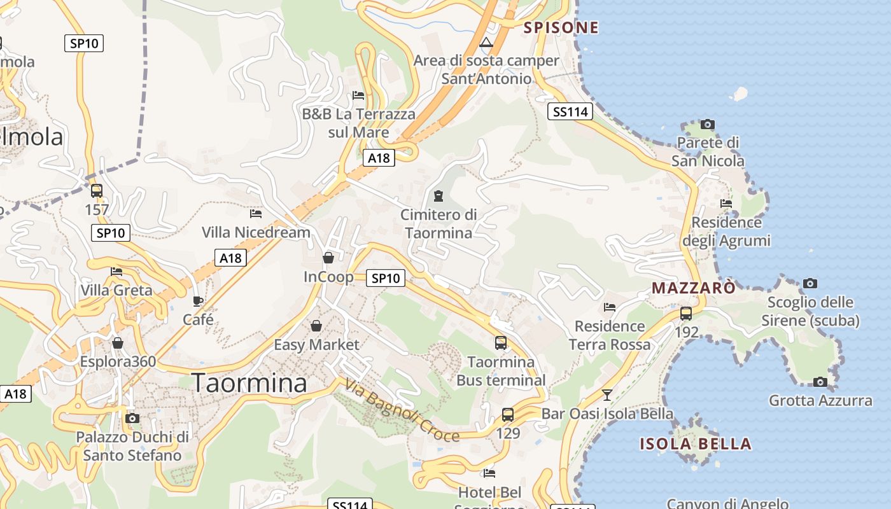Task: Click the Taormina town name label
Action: click(x=249, y=382)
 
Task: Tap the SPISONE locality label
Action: click(x=561, y=27)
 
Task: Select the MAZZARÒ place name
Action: click(x=693, y=288)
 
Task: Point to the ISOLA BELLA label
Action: click(x=696, y=443)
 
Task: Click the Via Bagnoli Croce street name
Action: click(x=402, y=410)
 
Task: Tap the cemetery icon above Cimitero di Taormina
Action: click(x=438, y=195)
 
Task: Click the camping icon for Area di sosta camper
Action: click(x=486, y=43)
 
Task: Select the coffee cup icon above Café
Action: click(x=198, y=301)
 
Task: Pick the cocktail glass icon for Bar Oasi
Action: click(x=607, y=394)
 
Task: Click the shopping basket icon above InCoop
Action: click(x=328, y=258)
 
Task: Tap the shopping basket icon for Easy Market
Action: click(x=316, y=326)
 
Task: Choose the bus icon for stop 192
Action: click(x=686, y=313)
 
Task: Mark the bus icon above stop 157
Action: click(x=97, y=190)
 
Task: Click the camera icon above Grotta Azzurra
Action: click(x=820, y=382)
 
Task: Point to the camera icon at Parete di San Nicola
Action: click(x=707, y=124)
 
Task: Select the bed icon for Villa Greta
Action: click(x=116, y=271)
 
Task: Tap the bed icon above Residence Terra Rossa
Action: click(x=609, y=307)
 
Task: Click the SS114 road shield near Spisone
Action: click(x=570, y=112)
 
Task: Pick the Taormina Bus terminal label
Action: click(x=501, y=371)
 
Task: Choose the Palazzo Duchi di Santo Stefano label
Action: click(x=132, y=446)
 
